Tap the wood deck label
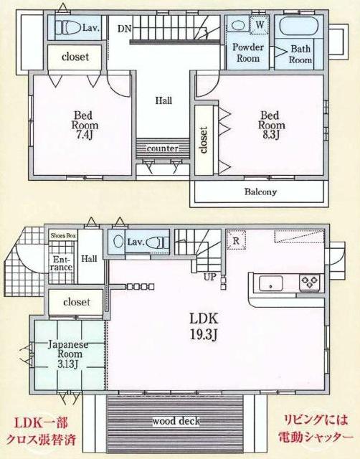pos(175,421)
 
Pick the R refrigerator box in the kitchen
pos(235,241)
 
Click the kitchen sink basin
pos(272,283)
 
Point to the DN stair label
pos(124,29)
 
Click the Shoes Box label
pos(62,235)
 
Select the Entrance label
pos(61,262)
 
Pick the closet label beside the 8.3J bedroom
pos(204,140)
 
